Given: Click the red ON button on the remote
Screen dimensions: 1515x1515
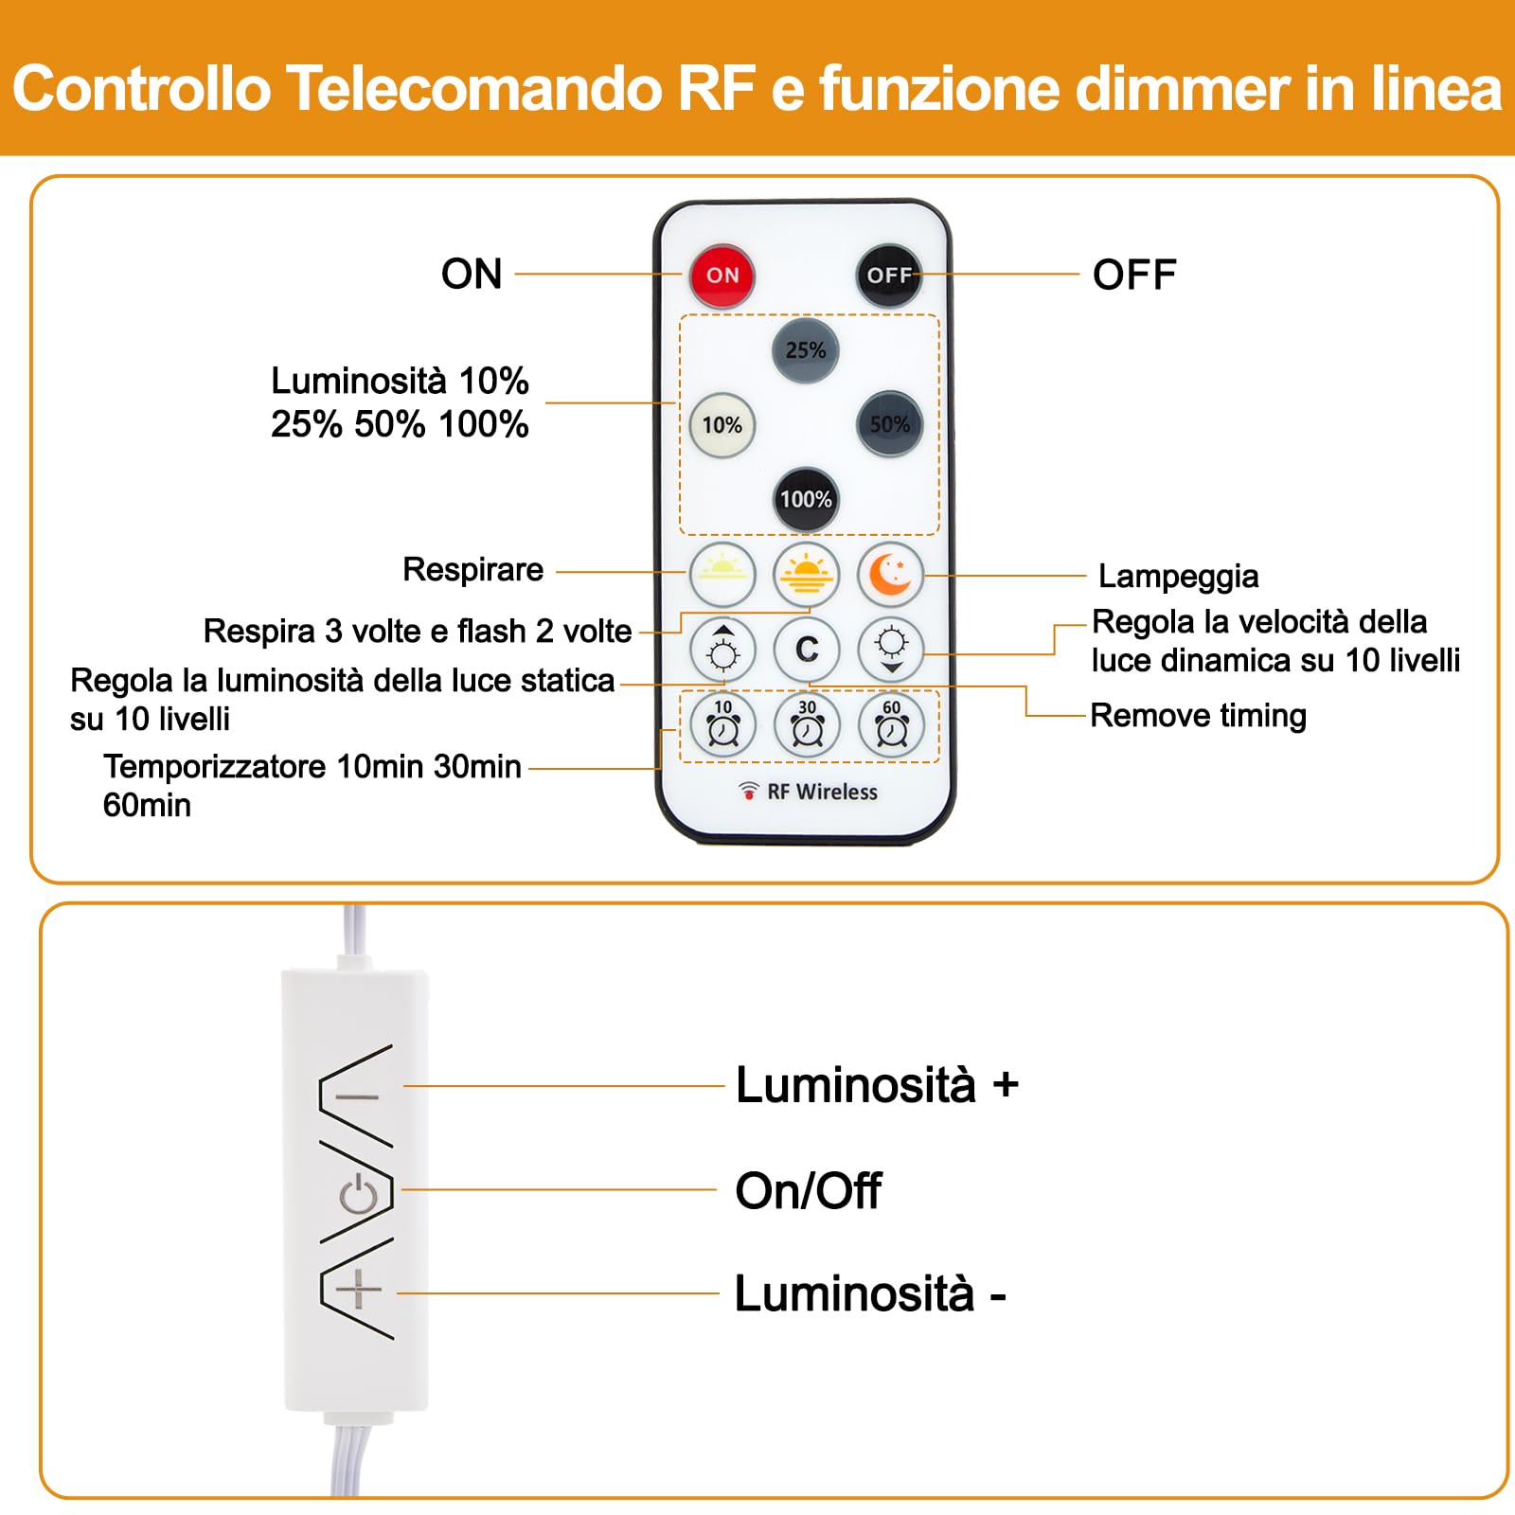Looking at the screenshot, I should point(722,275).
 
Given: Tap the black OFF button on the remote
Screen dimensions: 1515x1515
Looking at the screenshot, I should point(888,275).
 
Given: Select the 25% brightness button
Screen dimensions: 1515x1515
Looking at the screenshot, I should point(805,350).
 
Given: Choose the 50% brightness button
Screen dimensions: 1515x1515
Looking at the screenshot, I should point(889,424).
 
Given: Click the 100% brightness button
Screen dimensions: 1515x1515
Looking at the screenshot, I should point(805,499).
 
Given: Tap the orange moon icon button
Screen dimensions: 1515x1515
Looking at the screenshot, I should point(890,575).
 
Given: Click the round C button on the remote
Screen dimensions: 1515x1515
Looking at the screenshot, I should point(807,650).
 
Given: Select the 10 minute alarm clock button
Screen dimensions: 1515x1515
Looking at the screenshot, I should point(722,725).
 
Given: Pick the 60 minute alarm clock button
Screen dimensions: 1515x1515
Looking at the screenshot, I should point(891,725).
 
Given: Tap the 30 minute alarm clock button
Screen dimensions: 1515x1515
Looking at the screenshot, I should point(807,725).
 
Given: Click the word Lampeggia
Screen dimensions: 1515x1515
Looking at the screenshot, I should point(1178,576).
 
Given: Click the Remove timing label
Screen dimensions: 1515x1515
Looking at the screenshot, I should point(1198,715).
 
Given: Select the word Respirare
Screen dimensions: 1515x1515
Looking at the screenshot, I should point(472,569).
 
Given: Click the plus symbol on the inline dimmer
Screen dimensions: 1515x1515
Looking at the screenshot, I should point(359,1290).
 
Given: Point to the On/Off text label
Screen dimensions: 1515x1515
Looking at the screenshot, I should point(808,1190).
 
